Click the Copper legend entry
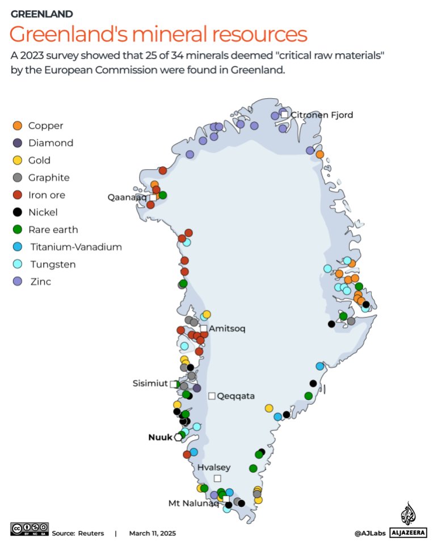tap(45, 125)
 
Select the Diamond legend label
tap(51, 143)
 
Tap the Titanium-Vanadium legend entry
tap(75, 247)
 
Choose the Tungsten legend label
tap(52, 264)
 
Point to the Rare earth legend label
tap(53, 230)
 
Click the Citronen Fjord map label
tap(322, 115)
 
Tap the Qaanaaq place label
tap(127, 197)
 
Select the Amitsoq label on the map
tap(227, 329)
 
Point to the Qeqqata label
tap(236, 396)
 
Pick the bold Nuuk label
tap(161, 437)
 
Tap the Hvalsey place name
tap(214, 467)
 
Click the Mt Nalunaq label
tap(194, 503)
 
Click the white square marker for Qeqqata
tap(212, 396)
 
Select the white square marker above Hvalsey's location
tap(217, 478)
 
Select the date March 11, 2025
tap(152, 534)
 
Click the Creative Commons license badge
tap(30, 529)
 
